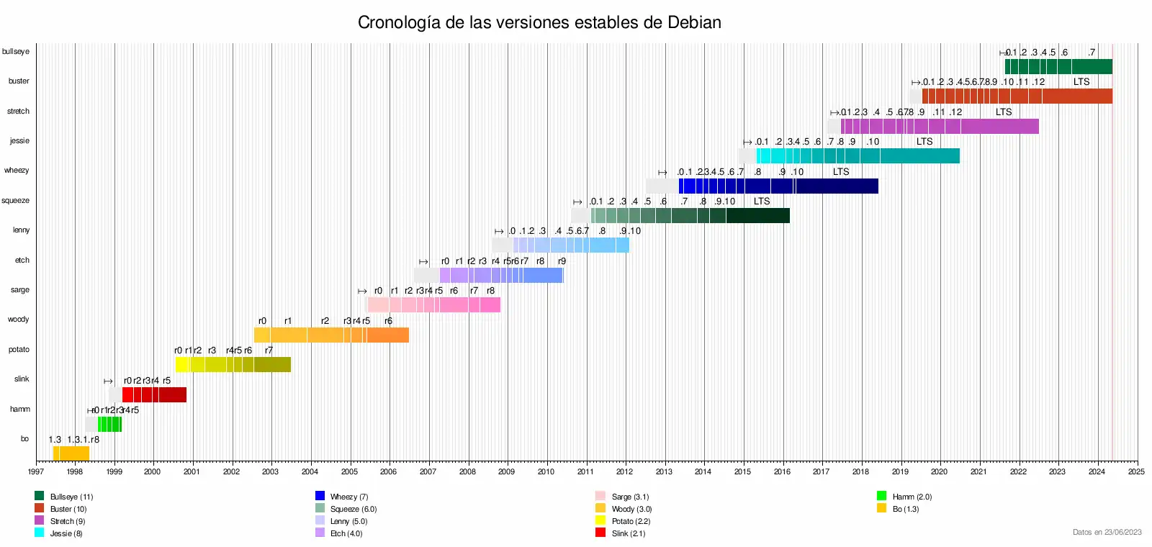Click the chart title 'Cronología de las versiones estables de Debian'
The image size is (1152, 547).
coord(539,23)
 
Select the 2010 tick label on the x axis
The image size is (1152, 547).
coord(546,472)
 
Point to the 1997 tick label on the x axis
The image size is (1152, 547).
coord(35,472)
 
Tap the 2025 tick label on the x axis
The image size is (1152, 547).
coord(1136,472)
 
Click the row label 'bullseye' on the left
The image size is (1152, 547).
coord(16,52)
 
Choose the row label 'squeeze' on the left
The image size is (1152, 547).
coord(16,201)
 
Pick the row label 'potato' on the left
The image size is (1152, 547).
coord(19,350)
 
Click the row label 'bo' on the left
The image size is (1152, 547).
coord(24,439)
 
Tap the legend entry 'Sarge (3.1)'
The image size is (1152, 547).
coord(630,497)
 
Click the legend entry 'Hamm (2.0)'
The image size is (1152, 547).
coord(912,497)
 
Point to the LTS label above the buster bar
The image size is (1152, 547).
coord(1081,82)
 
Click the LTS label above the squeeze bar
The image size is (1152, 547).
coord(762,202)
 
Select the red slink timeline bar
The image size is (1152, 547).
coord(154,394)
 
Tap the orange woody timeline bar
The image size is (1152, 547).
coord(331,335)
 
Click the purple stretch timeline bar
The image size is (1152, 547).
coord(940,127)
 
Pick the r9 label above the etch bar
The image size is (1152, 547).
coord(562,261)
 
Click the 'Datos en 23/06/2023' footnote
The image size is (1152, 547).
coord(1107,533)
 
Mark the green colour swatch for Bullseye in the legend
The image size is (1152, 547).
coord(40,496)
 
